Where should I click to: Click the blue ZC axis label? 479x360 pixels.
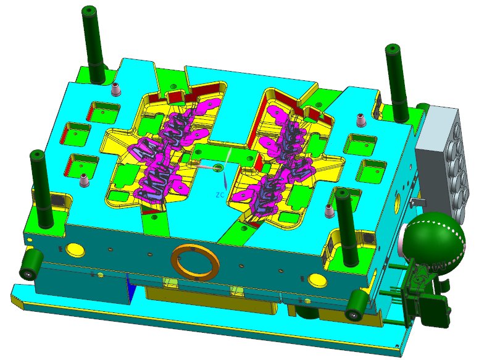pos(220,195)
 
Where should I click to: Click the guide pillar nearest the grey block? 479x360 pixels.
pos(397,83)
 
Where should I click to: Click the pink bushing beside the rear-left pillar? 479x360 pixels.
pos(115,90)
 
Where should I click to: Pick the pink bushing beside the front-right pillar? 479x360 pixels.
pos(329,211)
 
